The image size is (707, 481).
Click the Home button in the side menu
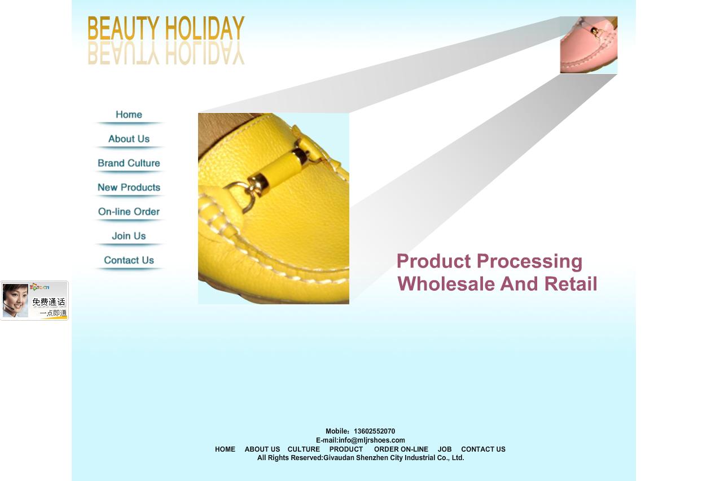click(129, 115)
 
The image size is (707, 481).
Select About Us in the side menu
click(129, 139)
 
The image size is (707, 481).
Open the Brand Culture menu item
click(129, 163)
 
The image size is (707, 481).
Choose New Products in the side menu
click(129, 187)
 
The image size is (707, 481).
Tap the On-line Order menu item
click(129, 212)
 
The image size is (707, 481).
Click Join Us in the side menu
click(129, 236)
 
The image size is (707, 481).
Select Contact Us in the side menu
click(129, 260)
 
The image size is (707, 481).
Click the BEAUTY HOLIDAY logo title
click(166, 28)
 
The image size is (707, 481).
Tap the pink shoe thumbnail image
click(589, 45)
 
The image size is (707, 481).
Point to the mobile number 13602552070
click(374, 431)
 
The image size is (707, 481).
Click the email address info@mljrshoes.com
click(371, 440)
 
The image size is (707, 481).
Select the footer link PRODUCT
click(346, 449)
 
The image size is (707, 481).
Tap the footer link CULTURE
click(304, 449)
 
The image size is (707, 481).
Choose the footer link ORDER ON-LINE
click(401, 449)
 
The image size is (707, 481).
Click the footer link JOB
click(445, 449)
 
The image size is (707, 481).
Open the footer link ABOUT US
click(262, 449)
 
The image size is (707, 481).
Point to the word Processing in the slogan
click(529, 262)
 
